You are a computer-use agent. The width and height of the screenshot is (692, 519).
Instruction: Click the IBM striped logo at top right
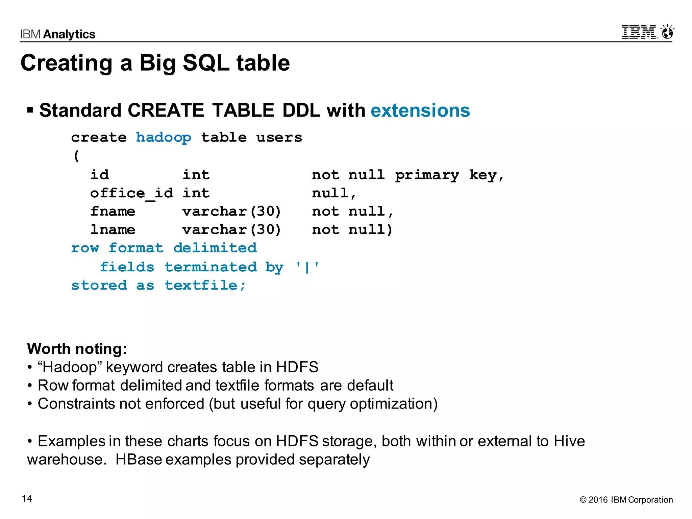639,32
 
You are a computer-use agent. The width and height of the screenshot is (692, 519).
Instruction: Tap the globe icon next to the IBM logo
667,32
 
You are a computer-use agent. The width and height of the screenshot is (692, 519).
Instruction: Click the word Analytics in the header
69,34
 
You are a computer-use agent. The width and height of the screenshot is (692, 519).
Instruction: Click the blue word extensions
420,110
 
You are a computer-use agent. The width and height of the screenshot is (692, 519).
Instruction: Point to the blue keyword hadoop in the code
164,138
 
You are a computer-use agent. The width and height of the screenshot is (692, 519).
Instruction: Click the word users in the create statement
279,138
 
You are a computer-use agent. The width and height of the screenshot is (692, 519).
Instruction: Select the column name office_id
132,193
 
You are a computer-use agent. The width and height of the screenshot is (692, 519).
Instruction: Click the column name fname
113,212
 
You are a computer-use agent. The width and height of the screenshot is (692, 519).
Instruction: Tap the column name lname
113,230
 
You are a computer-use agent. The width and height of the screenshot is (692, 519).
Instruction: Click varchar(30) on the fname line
231,212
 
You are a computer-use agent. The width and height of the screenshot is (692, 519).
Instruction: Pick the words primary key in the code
446,175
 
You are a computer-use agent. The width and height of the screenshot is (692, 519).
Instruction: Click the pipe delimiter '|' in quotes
307,267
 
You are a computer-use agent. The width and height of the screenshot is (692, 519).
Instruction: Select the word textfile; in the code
205,286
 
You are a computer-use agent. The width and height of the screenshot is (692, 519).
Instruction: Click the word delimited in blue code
215,248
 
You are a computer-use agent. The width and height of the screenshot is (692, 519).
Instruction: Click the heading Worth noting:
77,349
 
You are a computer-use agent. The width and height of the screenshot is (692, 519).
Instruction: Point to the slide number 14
27,498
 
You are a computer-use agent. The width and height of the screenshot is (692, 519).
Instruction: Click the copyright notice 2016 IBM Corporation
626,500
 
